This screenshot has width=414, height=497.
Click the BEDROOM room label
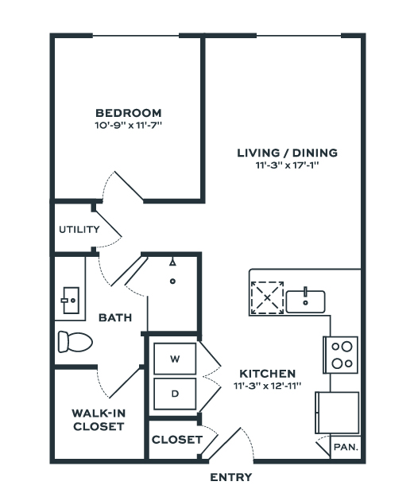tap(128, 113)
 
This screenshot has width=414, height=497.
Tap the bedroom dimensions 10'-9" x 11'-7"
tap(128, 125)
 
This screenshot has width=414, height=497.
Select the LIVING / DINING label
tap(288, 153)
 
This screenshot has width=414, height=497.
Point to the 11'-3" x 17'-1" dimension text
tap(287, 165)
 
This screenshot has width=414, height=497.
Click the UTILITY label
tap(79, 229)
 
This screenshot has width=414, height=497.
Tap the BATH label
tap(115, 317)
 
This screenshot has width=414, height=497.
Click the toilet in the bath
tap(75, 342)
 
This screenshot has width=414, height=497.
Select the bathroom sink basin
tap(70, 300)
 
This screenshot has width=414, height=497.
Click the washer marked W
tap(175, 359)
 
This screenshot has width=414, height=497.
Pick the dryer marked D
tap(175, 394)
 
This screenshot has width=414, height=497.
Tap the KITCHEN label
tap(267, 374)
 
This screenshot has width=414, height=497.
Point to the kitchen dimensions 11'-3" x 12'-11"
tap(267, 386)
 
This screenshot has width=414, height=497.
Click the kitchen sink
tap(305, 301)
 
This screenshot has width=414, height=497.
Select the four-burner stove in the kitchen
tap(341, 355)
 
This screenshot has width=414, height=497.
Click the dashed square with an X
tap(267, 297)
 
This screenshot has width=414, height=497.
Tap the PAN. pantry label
tap(346, 447)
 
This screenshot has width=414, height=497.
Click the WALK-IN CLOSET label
tap(99, 420)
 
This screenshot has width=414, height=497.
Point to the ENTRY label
tap(231, 477)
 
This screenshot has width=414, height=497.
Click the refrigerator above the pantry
tap(337, 413)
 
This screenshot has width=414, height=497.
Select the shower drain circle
tap(172, 282)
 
